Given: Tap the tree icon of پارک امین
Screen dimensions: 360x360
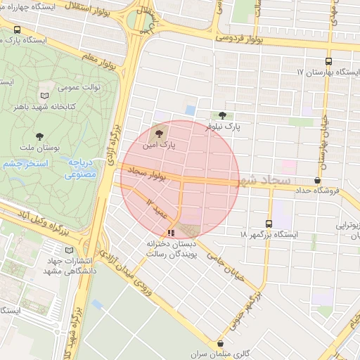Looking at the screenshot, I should [160, 131].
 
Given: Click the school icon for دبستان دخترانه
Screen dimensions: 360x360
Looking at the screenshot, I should [170, 233].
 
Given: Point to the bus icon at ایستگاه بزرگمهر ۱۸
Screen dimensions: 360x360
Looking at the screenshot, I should [268, 223].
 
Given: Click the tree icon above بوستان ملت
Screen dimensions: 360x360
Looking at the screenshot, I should [38, 136].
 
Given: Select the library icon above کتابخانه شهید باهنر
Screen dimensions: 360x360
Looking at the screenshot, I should [46, 95].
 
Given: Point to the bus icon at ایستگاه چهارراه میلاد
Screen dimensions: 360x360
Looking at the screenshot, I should [17, 30].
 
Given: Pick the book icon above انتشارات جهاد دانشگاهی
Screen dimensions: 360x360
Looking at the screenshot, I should [68, 250].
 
